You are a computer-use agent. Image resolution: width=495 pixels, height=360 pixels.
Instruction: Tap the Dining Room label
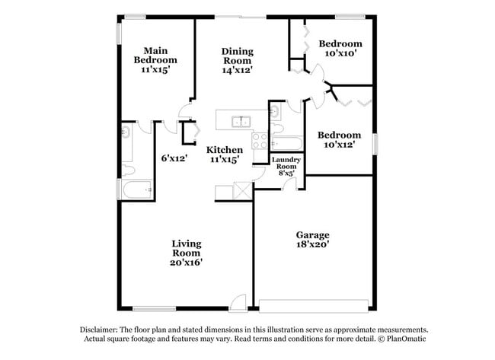tap(237, 56)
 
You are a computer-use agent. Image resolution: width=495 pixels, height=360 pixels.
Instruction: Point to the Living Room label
tap(186, 248)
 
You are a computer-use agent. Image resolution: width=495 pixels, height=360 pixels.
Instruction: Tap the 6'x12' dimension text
tap(174, 158)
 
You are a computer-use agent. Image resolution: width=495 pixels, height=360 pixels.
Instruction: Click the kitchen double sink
tap(241, 120)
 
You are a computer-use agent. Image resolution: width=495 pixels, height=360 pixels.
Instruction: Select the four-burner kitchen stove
tap(259, 141)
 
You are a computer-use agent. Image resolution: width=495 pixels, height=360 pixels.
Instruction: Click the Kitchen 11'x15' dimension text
tap(225, 160)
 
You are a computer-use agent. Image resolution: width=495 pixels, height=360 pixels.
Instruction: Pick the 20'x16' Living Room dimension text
tap(186, 262)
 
